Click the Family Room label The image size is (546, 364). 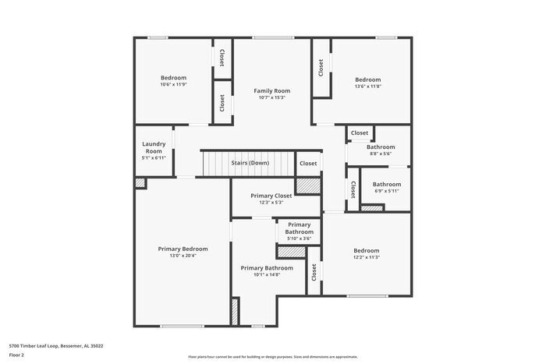coord(272,91)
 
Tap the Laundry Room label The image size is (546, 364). coord(154,147)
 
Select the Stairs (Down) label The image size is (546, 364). coord(250,163)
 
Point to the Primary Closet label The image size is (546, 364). coord(271,196)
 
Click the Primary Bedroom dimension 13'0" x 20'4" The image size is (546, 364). coord(183,256)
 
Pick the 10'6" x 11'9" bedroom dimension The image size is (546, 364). coord(174,84)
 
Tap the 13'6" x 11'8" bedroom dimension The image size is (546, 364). coord(368,86)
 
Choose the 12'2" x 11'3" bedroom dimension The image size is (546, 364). coord(367,257)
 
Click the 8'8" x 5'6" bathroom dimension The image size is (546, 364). coord(381,154)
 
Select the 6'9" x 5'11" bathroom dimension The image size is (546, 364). coord(387,191)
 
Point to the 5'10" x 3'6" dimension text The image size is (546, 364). coord(299,239)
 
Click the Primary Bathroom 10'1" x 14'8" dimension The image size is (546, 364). coord(267,274)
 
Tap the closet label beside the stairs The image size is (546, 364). coord(308,163)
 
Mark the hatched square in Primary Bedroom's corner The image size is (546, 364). coord(140,182)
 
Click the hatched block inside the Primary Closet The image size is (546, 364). coord(308,186)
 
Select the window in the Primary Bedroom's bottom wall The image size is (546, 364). coord(182,326)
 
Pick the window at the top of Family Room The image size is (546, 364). coord(273,37)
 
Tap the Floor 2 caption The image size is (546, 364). coord(16,355)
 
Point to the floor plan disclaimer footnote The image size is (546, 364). coord(273,357)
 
